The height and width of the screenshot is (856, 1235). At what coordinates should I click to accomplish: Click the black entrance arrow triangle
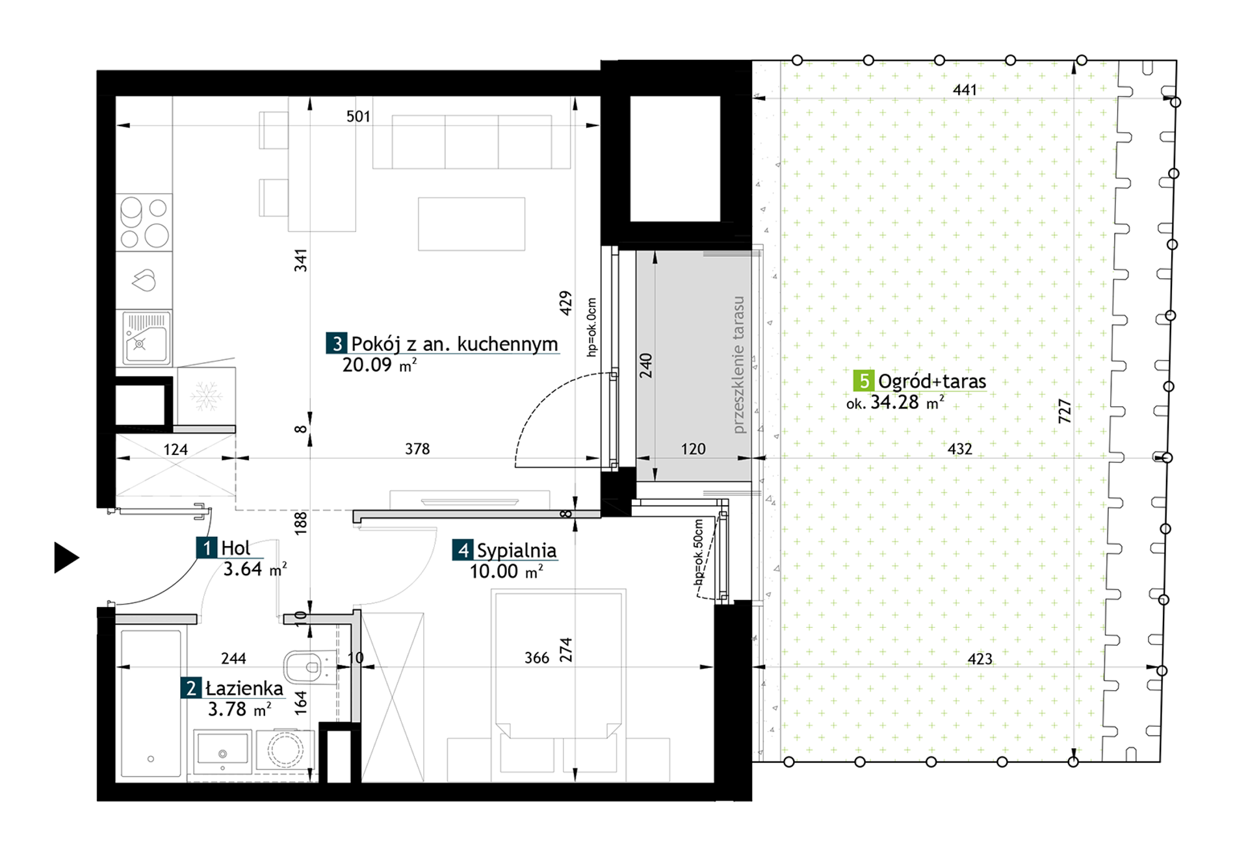click(x=65, y=558)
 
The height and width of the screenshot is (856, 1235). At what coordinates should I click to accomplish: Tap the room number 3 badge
click(x=336, y=343)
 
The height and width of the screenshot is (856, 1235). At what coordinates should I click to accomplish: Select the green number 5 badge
click(x=863, y=381)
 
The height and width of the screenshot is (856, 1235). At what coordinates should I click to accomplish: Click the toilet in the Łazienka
click(x=307, y=667)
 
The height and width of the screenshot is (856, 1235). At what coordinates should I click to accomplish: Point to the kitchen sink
click(x=146, y=337)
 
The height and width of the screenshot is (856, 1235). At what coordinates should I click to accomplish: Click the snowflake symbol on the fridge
click(x=206, y=396)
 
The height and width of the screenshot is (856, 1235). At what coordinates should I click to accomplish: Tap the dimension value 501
click(x=358, y=116)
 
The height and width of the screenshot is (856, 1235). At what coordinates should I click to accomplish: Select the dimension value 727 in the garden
click(x=1065, y=411)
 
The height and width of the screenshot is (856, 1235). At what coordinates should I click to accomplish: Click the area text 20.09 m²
click(x=380, y=365)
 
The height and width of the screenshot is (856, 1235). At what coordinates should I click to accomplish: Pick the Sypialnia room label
click(x=516, y=551)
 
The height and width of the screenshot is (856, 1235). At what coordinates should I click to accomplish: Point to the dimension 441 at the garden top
click(x=965, y=90)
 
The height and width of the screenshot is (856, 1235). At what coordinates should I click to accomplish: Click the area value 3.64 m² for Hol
click(x=255, y=569)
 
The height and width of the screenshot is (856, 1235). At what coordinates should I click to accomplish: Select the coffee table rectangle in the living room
click(x=471, y=224)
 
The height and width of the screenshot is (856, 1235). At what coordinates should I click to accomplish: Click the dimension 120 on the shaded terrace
click(x=693, y=449)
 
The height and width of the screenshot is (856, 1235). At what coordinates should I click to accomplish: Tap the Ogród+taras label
click(x=931, y=382)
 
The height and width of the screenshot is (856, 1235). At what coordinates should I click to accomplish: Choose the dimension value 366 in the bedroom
click(x=537, y=658)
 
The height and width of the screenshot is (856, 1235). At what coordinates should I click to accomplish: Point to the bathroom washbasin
click(x=222, y=751)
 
